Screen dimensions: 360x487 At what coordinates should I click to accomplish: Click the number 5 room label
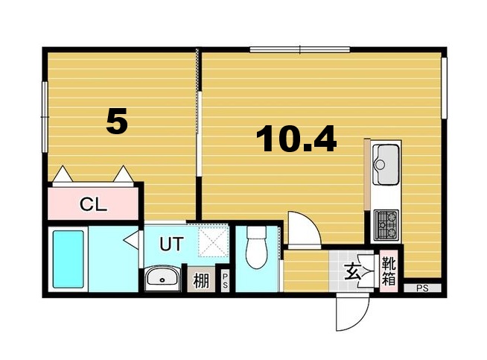pyautogui.click(x=117, y=121)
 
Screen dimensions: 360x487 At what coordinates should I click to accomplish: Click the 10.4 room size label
pyautogui.click(x=296, y=139)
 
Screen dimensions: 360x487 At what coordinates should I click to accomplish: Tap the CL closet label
pyautogui.click(x=93, y=203)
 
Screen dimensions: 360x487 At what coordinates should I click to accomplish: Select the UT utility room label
pyautogui.click(x=172, y=242)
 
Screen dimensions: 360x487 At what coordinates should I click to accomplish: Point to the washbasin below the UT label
pyautogui.click(x=162, y=280)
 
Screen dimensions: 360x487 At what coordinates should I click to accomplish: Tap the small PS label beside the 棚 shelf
pyautogui.click(x=225, y=282)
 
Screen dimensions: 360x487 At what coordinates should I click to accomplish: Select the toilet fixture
pyautogui.click(x=255, y=249)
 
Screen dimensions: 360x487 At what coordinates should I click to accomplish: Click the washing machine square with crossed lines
pyautogui.click(x=214, y=241)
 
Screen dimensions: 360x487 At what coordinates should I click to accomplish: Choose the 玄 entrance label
pyautogui.click(x=352, y=273)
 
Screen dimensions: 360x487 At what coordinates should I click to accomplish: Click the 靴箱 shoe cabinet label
pyautogui.click(x=388, y=271)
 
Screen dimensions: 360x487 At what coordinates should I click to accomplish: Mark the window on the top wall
pyautogui.click(x=299, y=50)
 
